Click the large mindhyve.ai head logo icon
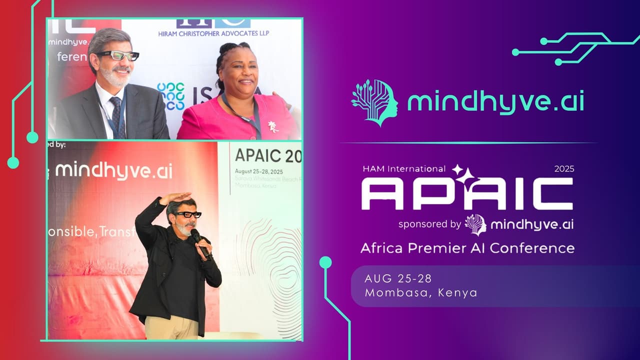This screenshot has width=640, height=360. point(375,102)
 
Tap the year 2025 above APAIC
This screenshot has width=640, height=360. point(564,169)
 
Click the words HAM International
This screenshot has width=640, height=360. point(404,169)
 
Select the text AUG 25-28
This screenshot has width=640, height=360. point(398,278)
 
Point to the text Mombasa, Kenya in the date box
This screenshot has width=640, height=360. point(421,292)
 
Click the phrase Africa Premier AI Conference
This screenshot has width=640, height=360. point(467,247)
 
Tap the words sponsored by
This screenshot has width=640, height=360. point(429,224)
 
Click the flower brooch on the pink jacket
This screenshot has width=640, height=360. point(273,126)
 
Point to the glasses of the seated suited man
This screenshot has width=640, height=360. point(118,55)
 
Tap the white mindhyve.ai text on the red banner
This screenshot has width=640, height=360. point(114,170)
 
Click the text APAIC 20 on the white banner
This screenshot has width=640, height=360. point(268,156)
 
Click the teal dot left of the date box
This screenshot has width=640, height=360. point(325,262)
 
